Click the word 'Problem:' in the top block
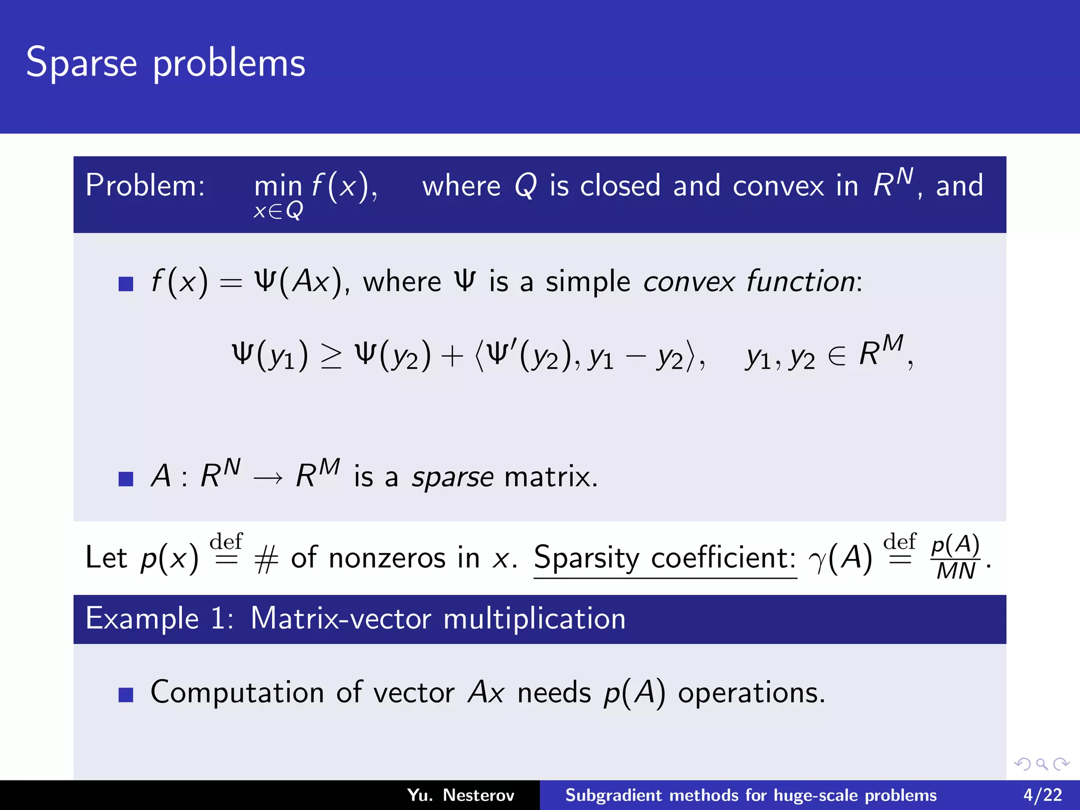coord(145,186)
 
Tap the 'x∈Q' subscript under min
coord(278,211)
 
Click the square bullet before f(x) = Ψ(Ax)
coord(126,284)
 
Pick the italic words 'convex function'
coord(749,282)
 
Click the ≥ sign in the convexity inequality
coord(331,356)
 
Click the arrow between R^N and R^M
coord(268,478)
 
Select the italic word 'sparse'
coord(452,477)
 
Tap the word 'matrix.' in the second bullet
coord(551,477)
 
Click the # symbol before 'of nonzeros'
coord(266,559)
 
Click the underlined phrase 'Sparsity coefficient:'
coord(664,558)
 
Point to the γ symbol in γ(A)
coord(818,560)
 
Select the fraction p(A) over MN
coord(955,558)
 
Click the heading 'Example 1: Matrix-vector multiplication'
coord(355,619)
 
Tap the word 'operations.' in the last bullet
coord(751,692)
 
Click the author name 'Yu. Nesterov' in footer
coord(460,795)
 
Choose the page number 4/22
coord(1043,795)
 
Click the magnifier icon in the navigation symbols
coord(1042,764)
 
